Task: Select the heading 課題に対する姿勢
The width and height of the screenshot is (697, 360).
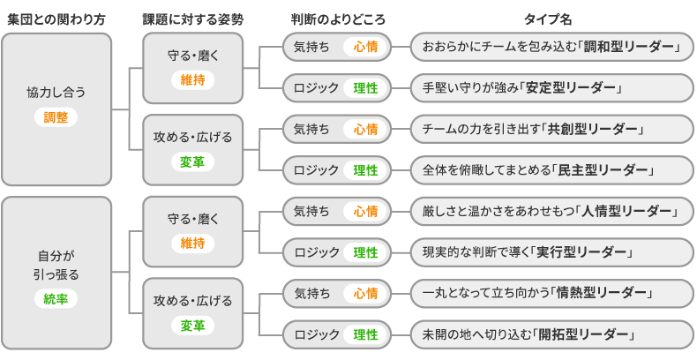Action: pos(193,19)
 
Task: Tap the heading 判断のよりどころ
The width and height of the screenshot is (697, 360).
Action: pos(338,19)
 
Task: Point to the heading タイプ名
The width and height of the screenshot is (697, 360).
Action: pos(550,19)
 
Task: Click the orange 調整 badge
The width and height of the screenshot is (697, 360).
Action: pos(56,116)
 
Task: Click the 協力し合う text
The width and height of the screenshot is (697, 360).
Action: pos(56,92)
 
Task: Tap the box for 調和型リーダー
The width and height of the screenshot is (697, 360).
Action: pos(551,46)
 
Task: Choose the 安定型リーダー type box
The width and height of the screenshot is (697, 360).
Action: pos(551,87)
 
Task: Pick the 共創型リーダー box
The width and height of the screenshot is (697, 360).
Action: pos(551,129)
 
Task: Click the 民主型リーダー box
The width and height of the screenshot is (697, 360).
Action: pos(551,169)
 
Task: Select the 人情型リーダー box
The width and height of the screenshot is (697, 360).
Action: pos(551,211)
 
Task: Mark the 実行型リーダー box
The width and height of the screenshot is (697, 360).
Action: pos(551,252)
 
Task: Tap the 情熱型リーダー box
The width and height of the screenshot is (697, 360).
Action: pos(551,293)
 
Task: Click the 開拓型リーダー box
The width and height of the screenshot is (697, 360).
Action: pos(551,334)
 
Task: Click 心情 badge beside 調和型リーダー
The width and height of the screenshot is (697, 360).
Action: pos(365,46)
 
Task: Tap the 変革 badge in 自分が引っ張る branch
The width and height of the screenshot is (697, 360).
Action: pos(192,326)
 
